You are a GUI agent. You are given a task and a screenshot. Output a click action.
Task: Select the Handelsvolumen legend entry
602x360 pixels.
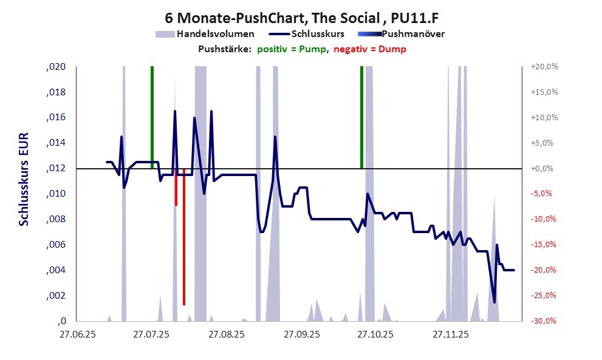(215, 34)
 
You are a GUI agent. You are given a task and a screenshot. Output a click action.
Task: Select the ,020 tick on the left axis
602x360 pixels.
(55, 67)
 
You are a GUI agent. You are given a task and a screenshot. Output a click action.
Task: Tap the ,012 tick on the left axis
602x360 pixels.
(55, 169)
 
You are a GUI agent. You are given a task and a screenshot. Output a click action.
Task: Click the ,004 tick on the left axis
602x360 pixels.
(55, 271)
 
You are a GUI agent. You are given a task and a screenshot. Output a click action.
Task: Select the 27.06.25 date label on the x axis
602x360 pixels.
(77, 334)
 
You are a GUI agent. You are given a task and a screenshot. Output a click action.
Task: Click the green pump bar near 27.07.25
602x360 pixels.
(152, 115)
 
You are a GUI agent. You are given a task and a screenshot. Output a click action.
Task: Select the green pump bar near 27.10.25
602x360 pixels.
(361, 115)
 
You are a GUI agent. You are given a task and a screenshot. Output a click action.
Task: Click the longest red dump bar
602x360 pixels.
(183, 237)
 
